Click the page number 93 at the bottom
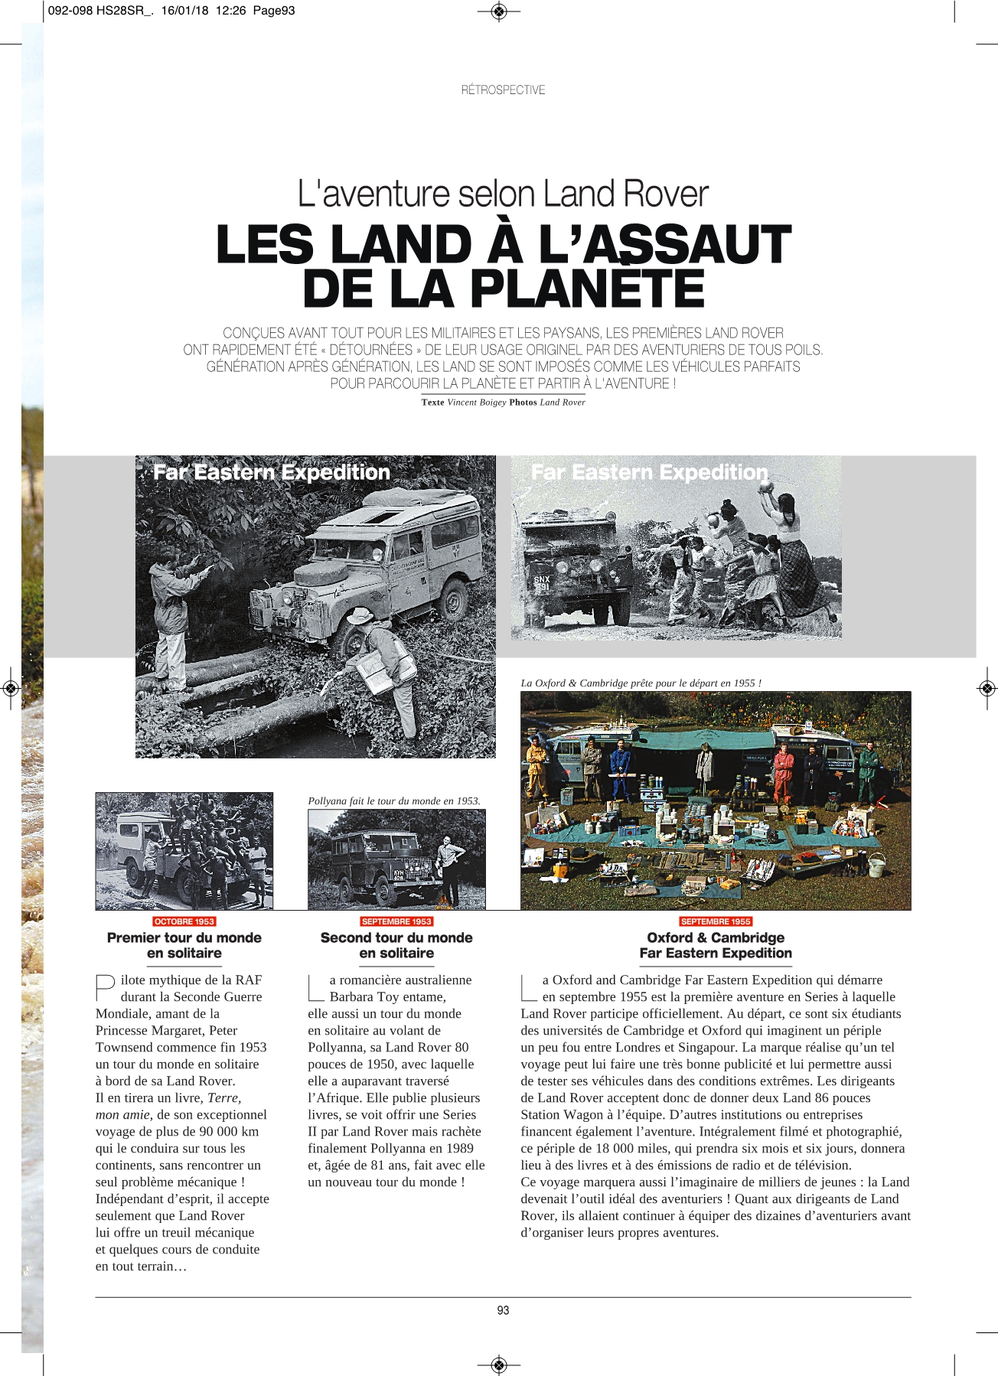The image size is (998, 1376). coord(503,1310)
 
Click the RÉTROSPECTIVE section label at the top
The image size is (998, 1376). coord(503,90)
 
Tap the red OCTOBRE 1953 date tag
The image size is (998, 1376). coord(184,921)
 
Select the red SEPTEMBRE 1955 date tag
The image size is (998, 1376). coord(716,921)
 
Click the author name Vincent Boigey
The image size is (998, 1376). coord(476,403)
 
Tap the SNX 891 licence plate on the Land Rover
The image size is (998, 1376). coord(542,584)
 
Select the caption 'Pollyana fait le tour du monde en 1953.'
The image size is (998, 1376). coord(393,801)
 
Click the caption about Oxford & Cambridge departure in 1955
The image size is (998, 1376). coord(641,683)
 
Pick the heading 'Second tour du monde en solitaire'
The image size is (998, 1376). coord(396,945)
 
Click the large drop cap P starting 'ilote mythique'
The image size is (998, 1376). coord(105,987)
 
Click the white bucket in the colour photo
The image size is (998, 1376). coord(877,864)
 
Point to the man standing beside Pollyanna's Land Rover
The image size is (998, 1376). coord(446,865)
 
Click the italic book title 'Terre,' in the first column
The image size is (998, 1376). coord(224,1097)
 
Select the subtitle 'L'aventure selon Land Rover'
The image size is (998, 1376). coord(503,194)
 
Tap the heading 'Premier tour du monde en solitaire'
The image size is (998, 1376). coord(184,945)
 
